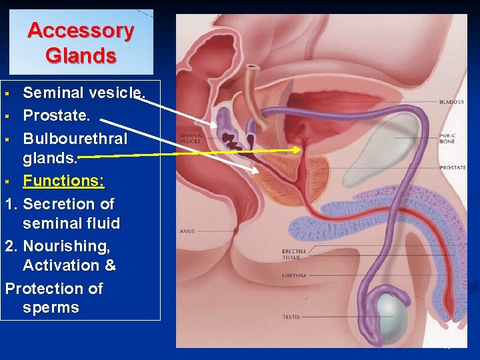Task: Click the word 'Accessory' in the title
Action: pos(81,31)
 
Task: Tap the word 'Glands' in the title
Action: pos(81,55)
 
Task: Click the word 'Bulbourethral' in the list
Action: pos(75,139)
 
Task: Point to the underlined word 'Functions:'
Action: pos(63,181)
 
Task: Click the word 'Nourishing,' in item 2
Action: pos(66,246)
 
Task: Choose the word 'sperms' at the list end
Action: pos(51,308)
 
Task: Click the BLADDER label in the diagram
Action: pos(451,102)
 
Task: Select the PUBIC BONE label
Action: pos(447,138)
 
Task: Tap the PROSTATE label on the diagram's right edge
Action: pos(452,168)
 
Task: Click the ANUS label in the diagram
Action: pos(186,231)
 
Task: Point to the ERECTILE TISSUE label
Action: pos(294,254)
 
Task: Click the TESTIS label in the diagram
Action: pos(291,317)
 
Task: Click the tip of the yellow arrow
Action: pos(301,151)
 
